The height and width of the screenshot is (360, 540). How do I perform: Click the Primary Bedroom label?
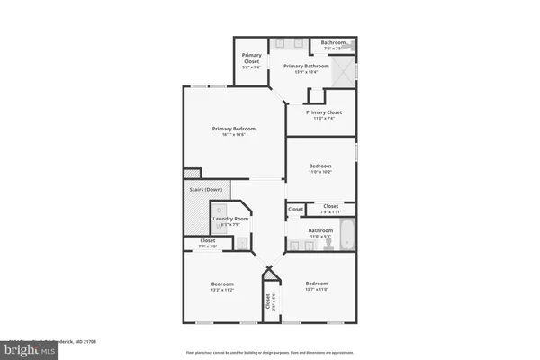click(234, 130)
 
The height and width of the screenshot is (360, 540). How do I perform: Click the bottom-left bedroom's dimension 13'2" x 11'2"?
click(222, 291)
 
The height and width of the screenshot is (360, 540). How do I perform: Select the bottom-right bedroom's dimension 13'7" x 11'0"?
click(317, 291)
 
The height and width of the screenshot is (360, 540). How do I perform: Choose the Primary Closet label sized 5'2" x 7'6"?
click(251, 61)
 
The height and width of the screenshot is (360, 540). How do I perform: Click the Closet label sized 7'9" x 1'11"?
click(330, 208)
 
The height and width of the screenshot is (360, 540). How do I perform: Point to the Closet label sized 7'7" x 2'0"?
click(208, 241)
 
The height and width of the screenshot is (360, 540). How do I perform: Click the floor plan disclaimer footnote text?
click(269, 352)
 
